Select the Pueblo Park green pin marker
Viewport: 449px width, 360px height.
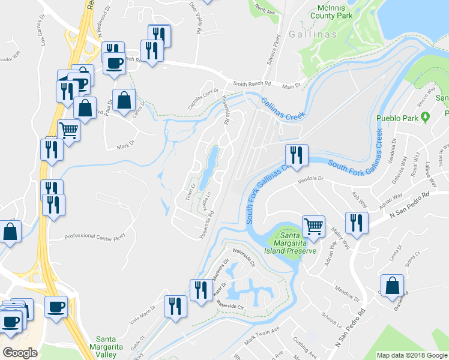426,117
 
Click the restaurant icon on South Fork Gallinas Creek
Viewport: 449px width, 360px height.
296,155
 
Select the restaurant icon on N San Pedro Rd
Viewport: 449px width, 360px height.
357,224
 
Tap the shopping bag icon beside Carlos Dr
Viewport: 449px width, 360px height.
124,101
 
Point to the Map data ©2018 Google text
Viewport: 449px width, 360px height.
412,355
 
